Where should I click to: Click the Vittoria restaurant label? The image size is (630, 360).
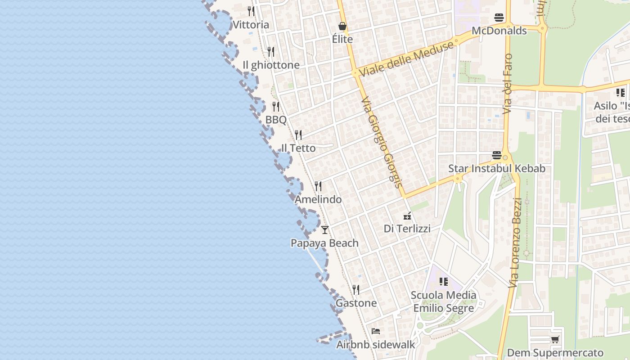(251, 25)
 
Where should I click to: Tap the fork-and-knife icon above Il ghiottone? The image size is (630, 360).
(270, 52)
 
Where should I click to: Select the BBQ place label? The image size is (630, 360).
(276, 120)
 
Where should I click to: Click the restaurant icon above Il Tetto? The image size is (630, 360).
(298, 135)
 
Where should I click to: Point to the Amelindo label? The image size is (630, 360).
(318, 199)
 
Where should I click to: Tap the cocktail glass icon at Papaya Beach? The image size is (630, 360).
(324, 230)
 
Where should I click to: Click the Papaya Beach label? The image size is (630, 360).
(324, 243)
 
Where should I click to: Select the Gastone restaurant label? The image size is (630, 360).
(356, 303)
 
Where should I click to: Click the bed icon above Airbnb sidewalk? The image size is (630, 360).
(376, 331)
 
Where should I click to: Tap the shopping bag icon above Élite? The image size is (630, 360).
(342, 26)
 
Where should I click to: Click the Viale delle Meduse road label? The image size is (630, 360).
(406, 59)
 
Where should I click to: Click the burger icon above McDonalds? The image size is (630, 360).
(499, 18)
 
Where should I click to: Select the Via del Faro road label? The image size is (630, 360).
(508, 84)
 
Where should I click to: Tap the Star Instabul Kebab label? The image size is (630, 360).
(497, 169)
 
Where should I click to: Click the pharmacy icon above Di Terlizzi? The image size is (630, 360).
(407, 216)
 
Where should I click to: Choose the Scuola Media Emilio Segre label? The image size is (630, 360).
(444, 301)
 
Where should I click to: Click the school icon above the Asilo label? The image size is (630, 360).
(621, 93)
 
